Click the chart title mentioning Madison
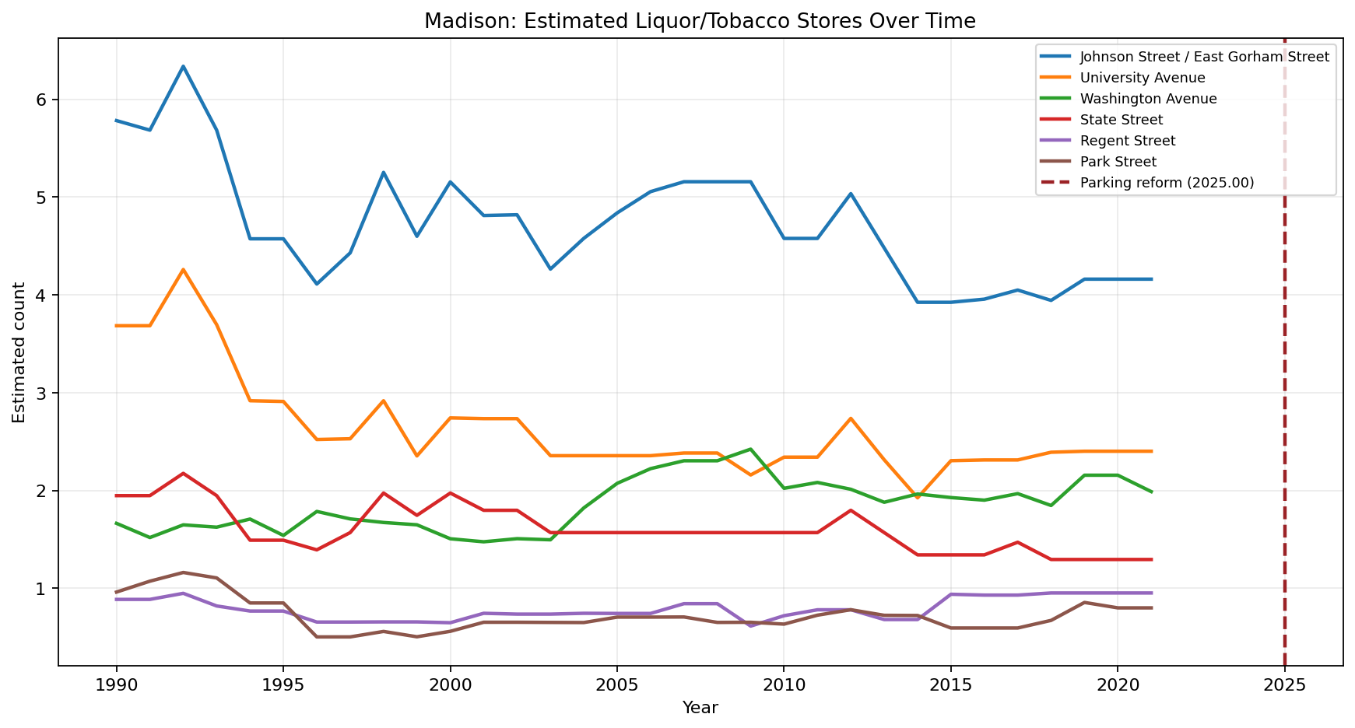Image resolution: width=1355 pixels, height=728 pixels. pos(699,21)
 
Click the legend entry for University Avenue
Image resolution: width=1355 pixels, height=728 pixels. pos(1143,78)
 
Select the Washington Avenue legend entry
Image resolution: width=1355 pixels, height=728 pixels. pos(1148,99)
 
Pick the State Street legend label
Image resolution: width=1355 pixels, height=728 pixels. pos(1122,120)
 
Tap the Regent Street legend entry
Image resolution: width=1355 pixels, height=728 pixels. pos(1128,141)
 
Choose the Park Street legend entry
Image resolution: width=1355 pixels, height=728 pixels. pos(1118,162)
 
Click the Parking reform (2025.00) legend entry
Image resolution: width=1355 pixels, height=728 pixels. pos(1167,183)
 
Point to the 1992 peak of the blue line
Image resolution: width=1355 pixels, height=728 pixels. pos(183,66)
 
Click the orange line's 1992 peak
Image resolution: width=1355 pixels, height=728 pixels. pos(183,270)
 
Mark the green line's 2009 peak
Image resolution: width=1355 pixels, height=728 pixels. pos(750,449)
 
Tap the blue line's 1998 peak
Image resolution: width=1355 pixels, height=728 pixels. pos(383,173)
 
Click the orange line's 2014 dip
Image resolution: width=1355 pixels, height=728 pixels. pos(917,497)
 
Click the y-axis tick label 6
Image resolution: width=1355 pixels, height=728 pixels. pos(42,100)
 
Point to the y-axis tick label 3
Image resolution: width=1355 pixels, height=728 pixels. pos(42,393)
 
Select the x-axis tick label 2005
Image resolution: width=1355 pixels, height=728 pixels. pos(616,688)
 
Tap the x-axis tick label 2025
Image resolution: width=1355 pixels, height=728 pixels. pos(1284,688)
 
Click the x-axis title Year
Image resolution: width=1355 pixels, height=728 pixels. pos(700,708)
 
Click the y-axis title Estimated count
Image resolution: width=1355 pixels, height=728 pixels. pos(19,352)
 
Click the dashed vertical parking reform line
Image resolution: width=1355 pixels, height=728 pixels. pos(1284,389)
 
